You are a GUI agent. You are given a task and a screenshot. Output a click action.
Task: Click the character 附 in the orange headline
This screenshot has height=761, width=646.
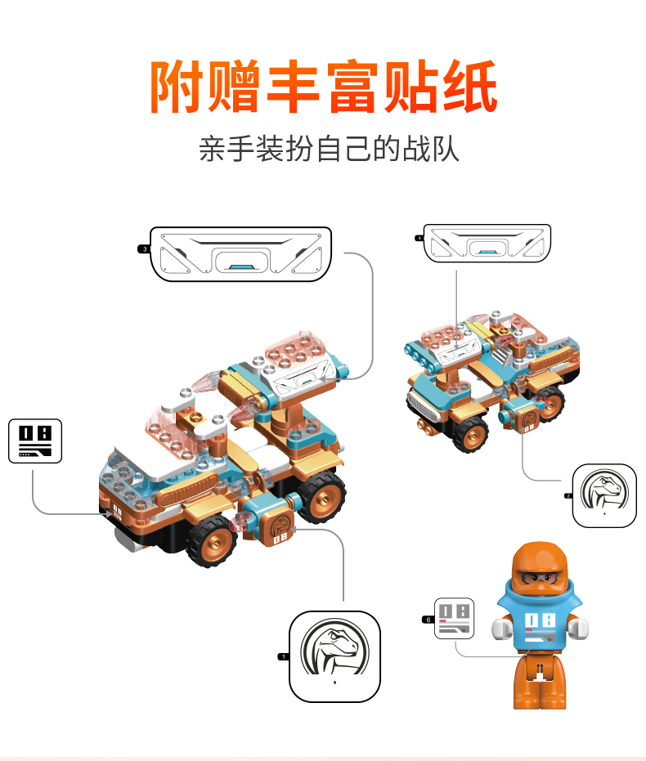(177, 87)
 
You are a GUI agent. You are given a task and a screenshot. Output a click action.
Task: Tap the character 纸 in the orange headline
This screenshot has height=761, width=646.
(470, 87)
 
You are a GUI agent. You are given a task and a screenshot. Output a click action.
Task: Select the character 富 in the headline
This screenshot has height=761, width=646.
(353, 87)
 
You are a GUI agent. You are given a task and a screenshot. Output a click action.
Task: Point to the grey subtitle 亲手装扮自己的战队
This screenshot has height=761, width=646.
(329, 149)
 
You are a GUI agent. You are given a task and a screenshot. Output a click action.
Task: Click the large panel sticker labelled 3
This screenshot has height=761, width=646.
(241, 254)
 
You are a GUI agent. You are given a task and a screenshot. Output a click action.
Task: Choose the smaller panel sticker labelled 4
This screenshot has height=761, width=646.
(487, 243)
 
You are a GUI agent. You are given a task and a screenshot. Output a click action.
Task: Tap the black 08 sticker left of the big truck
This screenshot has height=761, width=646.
(35, 441)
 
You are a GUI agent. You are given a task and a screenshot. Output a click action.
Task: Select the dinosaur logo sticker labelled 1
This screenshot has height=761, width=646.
(335, 656)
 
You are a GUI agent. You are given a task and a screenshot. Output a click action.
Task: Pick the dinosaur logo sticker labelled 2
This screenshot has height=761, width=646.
(604, 495)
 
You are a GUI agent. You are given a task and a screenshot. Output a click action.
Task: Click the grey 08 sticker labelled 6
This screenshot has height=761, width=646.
(455, 618)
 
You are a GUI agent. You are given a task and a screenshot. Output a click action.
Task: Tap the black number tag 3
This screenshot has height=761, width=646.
(144, 249)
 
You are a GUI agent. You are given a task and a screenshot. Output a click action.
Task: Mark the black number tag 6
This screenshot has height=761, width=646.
(428, 620)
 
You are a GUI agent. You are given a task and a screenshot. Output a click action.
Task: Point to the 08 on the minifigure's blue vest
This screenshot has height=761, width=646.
(540, 620)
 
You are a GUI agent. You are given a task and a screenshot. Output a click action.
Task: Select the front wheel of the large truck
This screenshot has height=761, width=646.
(213, 540)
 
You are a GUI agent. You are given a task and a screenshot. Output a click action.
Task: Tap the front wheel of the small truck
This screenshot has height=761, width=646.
(471, 434)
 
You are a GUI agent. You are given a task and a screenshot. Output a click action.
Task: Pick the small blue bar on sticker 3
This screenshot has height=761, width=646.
(241, 267)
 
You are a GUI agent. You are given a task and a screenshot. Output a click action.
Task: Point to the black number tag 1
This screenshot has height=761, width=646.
(284, 656)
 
